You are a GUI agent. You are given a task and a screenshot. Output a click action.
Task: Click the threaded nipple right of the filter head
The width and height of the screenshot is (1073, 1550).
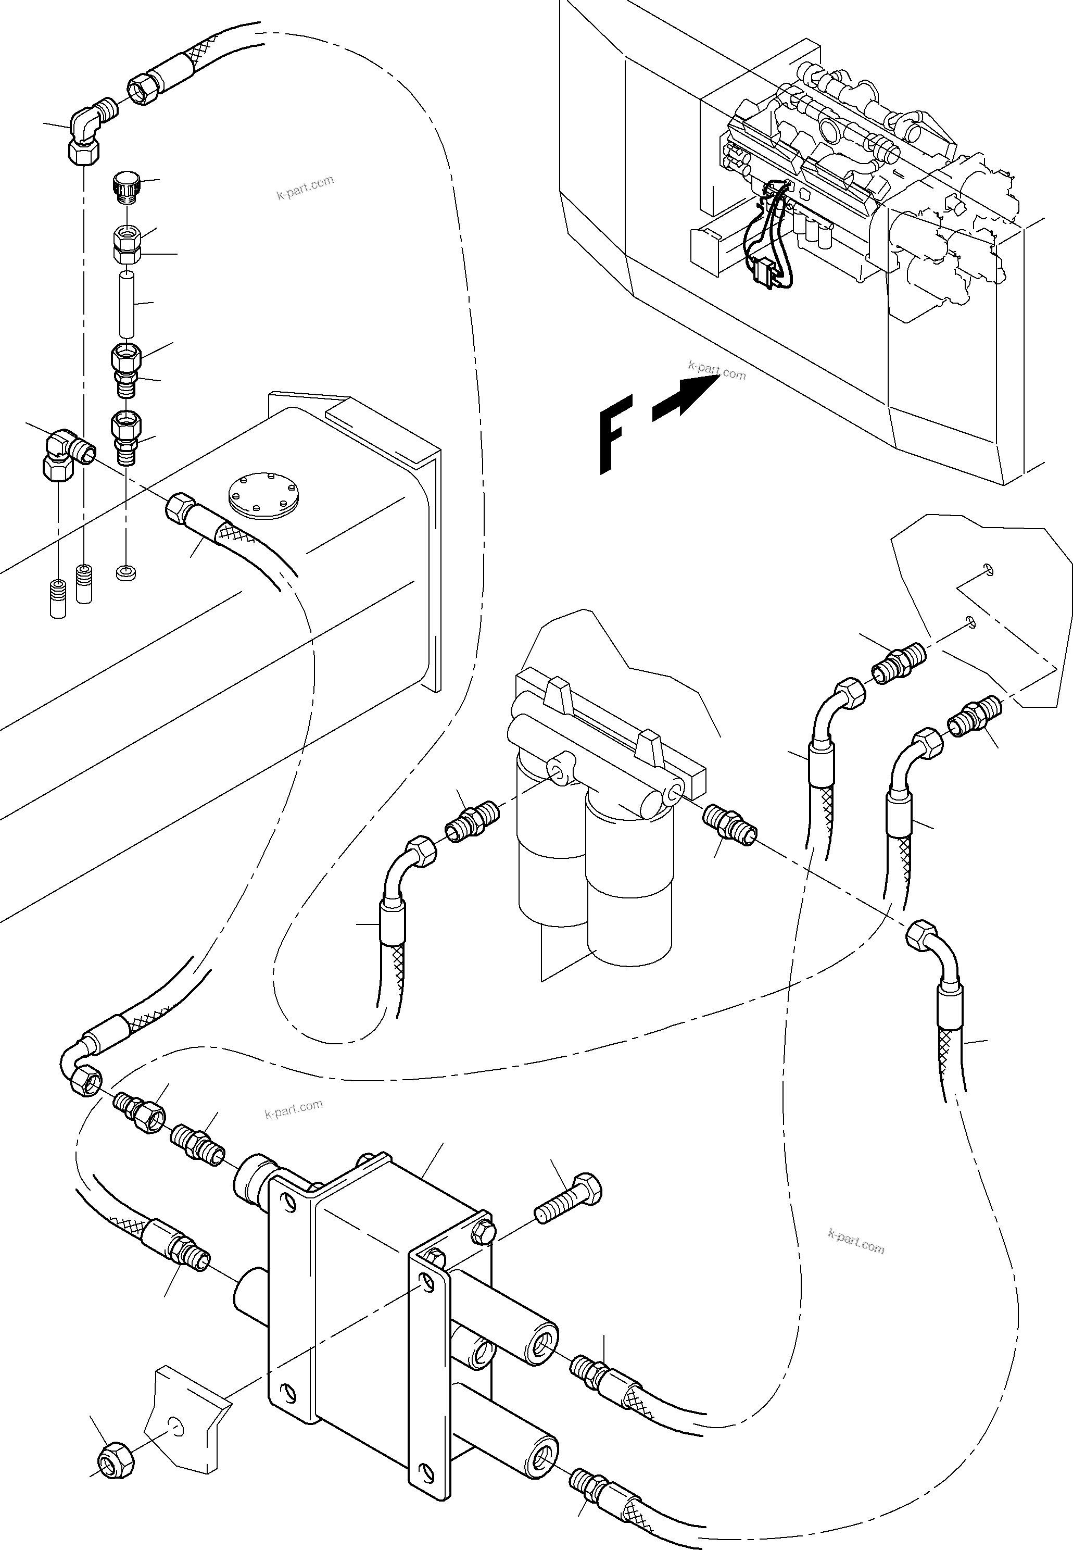(729, 826)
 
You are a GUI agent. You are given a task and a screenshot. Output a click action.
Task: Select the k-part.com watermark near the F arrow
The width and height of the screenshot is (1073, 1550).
(717, 370)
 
